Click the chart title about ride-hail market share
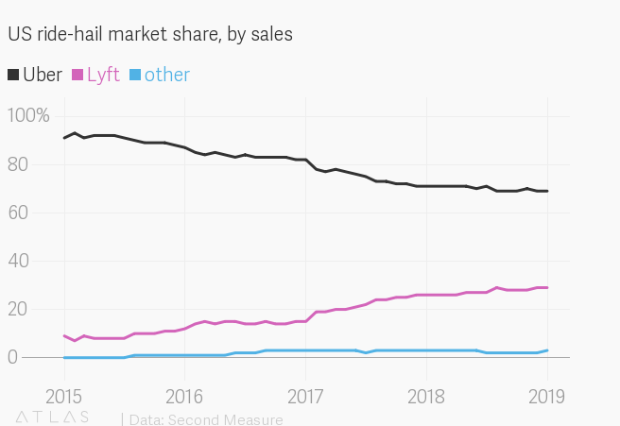pos(150,35)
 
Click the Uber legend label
pos(43,76)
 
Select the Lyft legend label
pos(103,76)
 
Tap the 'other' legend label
pos(166,76)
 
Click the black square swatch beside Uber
pos(13,76)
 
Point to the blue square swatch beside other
pos(134,76)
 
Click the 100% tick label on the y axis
pos(28,116)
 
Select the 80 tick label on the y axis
pos(20,164)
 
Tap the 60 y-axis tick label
pos(20,213)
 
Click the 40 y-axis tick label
pos(20,261)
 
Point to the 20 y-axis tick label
pos(20,309)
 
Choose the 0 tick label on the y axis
pos(13,357)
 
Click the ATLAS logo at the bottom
pos(52,416)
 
